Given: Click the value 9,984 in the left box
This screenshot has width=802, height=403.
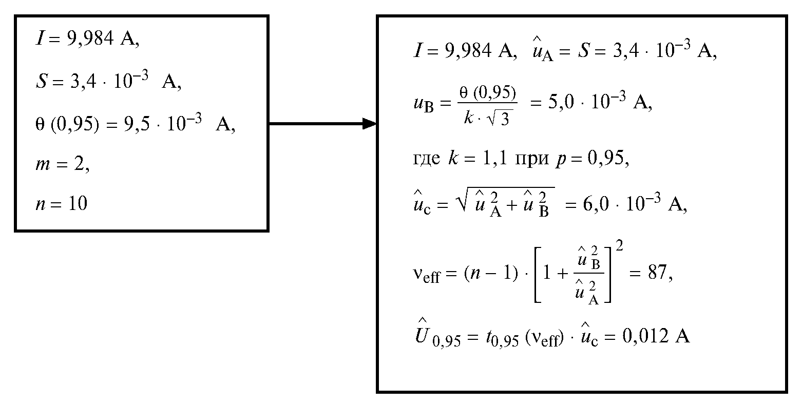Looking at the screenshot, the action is tap(90, 39).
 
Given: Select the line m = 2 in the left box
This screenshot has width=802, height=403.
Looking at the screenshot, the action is tap(63, 164).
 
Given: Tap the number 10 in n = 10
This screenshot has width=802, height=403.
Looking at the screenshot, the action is tap(78, 203).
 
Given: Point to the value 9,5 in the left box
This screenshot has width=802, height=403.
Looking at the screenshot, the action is tap(137, 124).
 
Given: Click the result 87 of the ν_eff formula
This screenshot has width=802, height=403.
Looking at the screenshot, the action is tap(657, 273).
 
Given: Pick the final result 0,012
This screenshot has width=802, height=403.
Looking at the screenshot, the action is tap(645, 336).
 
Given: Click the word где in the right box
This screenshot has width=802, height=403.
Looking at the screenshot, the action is tap(426, 158).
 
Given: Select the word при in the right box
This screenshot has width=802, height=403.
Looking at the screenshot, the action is tap(532, 158).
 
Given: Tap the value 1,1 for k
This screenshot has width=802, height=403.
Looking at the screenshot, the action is tap(495, 158).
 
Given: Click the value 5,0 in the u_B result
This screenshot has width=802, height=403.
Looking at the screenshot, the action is tap(561, 102).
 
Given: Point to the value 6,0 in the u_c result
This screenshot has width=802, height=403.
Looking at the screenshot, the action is tap(596, 204).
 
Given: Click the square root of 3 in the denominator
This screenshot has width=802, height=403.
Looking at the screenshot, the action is tap(499, 119).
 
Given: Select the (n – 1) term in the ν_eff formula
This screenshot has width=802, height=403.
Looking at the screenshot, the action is tap(491, 273).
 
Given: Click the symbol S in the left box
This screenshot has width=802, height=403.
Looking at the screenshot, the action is tap(42, 81).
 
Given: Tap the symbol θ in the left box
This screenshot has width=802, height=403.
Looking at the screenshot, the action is tap(40, 124).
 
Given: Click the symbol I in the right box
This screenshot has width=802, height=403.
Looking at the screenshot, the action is tap(417, 50).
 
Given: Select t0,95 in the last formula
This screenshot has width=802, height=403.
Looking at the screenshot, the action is tap(502, 338).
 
